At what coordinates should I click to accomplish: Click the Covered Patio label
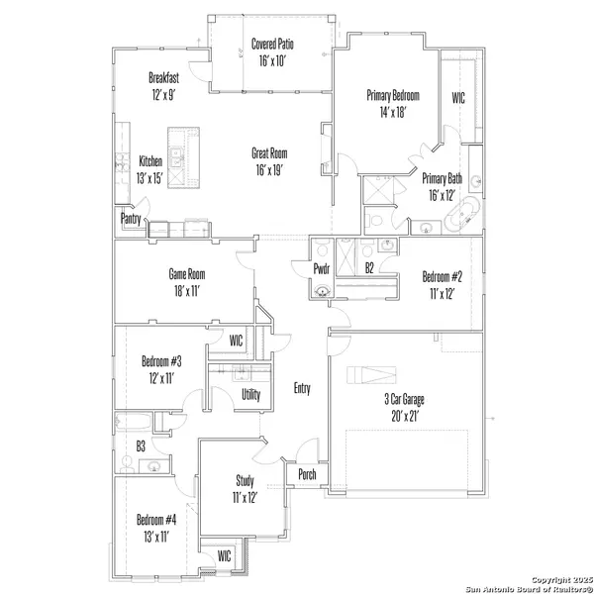(272, 44)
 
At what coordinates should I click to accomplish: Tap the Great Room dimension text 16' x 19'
(269, 170)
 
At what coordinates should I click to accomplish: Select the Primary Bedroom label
(393, 95)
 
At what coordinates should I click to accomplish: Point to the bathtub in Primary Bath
(461, 215)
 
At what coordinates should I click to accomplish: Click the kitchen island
(184, 157)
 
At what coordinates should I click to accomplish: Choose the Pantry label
(131, 219)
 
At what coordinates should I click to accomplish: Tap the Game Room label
(187, 274)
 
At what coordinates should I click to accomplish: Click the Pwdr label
(322, 269)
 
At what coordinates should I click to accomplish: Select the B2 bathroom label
(369, 268)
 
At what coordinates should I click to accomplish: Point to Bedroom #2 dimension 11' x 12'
(443, 294)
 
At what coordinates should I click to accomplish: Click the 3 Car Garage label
(404, 399)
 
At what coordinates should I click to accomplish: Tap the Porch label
(307, 474)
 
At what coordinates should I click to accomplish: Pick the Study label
(245, 481)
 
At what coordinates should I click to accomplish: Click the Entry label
(302, 388)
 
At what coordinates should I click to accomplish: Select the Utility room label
(251, 395)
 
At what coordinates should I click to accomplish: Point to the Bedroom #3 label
(161, 361)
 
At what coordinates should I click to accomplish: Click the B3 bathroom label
(141, 446)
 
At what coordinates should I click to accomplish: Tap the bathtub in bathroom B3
(134, 422)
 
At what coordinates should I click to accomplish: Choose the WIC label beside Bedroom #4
(225, 556)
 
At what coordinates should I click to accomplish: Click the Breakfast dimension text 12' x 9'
(163, 95)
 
